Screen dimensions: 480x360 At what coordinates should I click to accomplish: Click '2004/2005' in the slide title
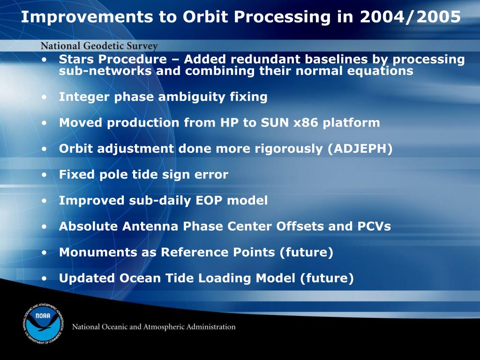410,16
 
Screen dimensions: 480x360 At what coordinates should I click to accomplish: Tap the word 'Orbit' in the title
205,16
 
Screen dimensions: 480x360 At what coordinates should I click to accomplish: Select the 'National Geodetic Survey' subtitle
99,46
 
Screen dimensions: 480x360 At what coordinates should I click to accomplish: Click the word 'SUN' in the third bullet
275,123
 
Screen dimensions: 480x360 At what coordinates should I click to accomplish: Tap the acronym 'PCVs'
374,226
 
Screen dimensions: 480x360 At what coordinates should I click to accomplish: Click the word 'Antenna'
150,226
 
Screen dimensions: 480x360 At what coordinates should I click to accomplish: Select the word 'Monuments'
98,252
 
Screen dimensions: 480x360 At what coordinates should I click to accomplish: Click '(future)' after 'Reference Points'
306,253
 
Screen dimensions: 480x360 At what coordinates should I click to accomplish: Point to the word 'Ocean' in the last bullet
140,278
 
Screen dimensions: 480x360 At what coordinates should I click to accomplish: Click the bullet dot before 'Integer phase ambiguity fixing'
45,97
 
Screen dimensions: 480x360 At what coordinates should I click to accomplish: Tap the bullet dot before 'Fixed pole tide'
45,175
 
